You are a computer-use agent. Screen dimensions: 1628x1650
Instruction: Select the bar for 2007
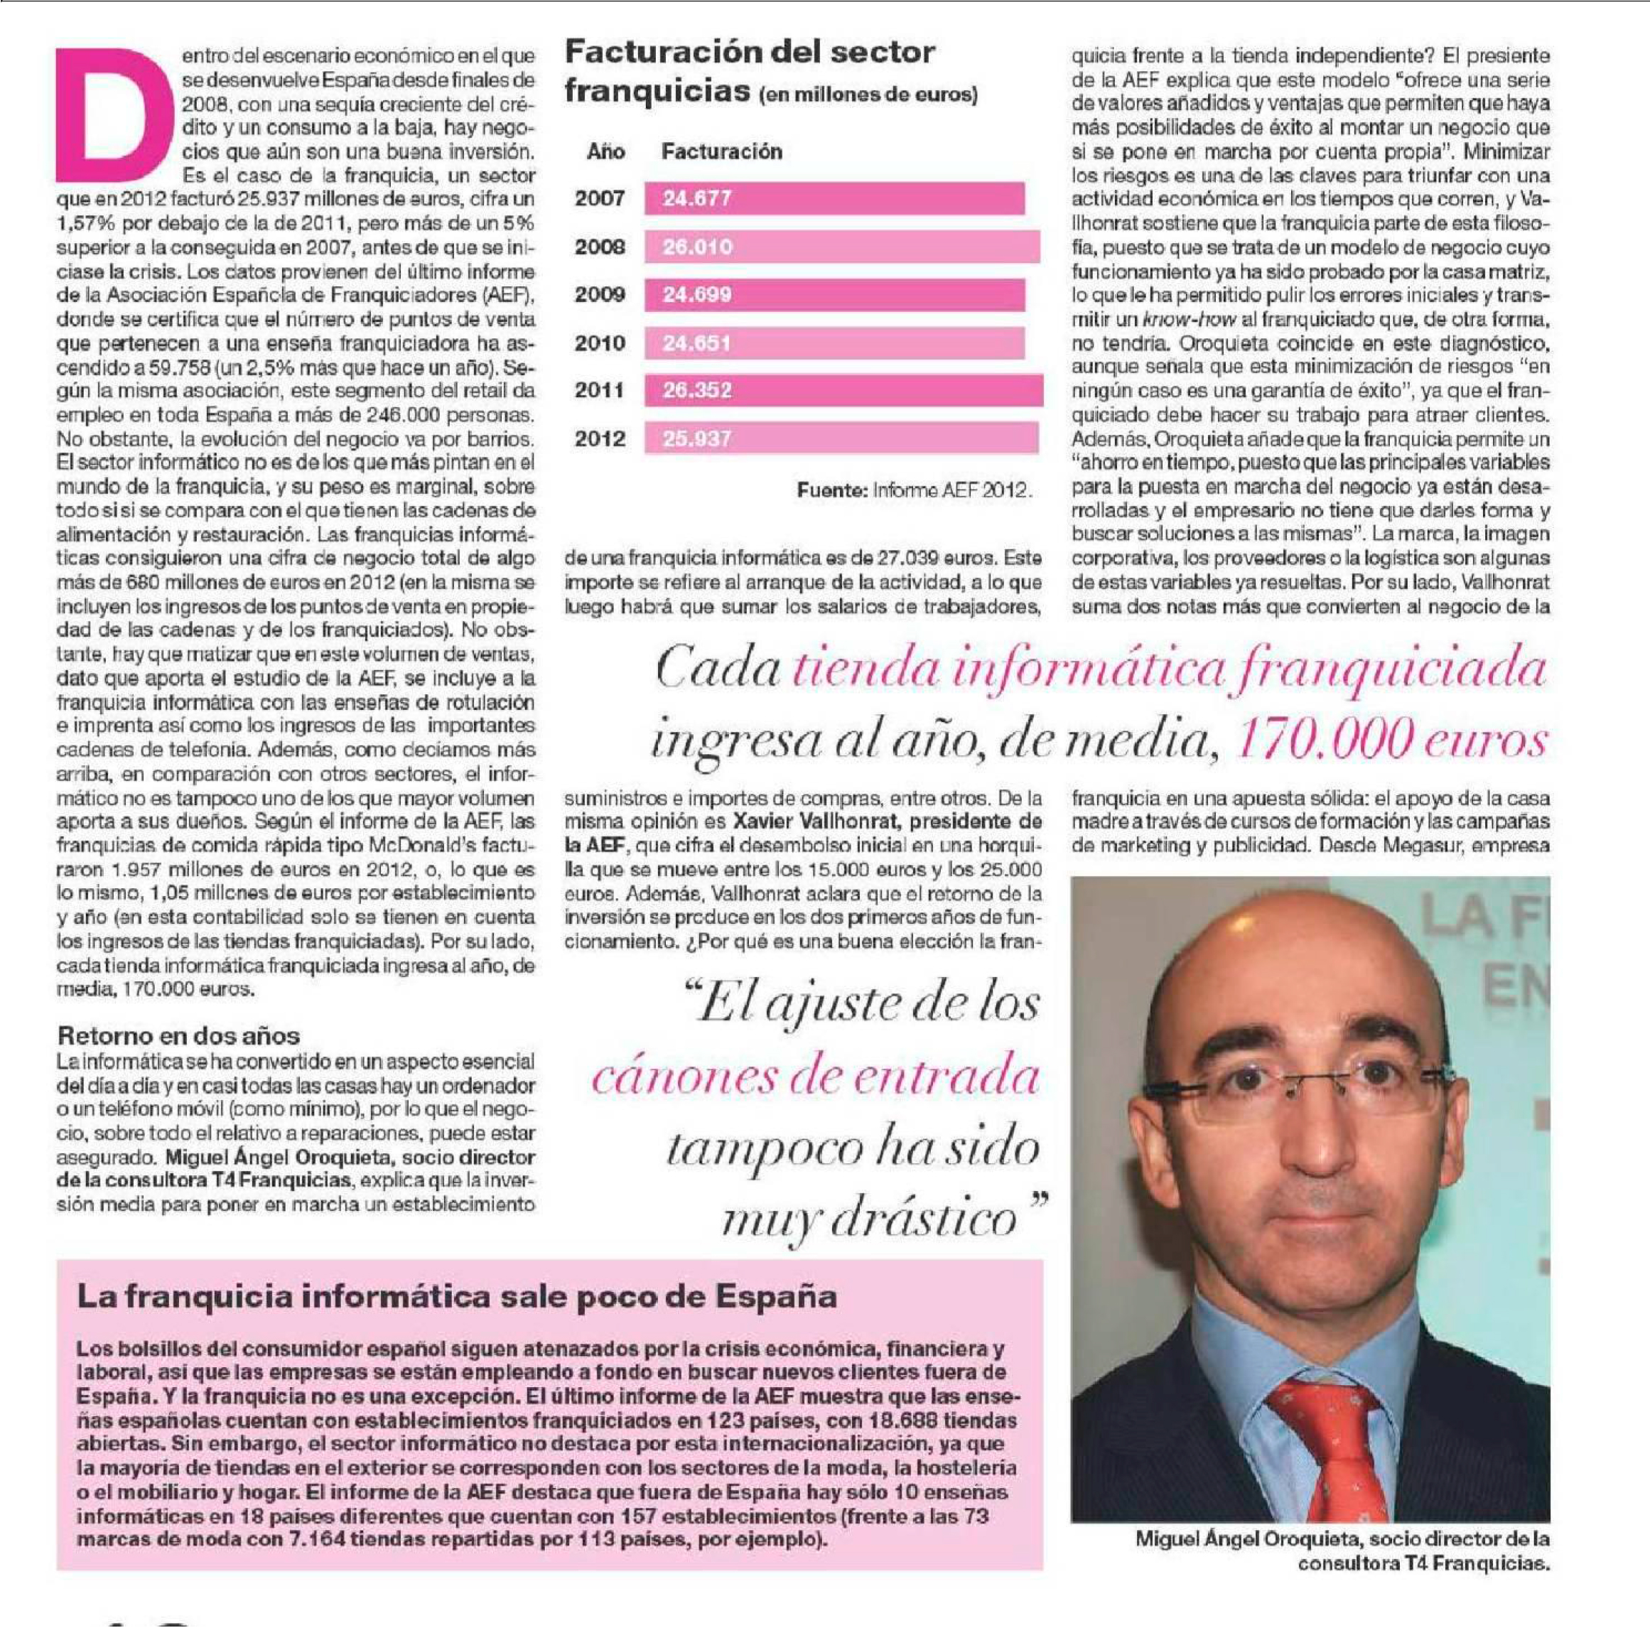click(x=834, y=200)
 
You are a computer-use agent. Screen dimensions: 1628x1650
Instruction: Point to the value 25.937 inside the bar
click(x=697, y=439)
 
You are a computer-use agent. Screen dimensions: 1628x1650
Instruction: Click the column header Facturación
click(x=722, y=152)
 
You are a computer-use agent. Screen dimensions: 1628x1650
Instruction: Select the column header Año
click(x=605, y=152)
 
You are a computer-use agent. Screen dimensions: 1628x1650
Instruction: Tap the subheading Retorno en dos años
click(x=178, y=1036)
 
